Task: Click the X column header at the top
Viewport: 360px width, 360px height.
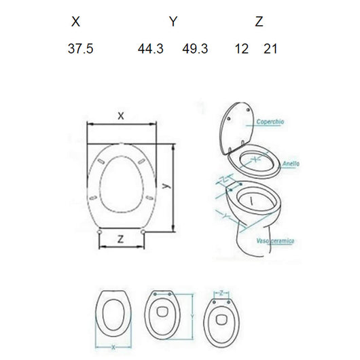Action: point(75,22)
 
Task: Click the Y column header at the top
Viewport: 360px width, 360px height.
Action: point(173,22)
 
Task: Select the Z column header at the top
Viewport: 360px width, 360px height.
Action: point(259,22)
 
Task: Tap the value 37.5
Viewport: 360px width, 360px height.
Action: point(79,49)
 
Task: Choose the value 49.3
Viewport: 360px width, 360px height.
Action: point(194,49)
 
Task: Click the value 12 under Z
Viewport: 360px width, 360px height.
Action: point(241,49)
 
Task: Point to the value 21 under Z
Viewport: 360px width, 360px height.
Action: point(270,49)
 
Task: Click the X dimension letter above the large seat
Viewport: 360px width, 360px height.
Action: point(121,116)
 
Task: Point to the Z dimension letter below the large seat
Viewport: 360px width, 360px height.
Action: point(120,239)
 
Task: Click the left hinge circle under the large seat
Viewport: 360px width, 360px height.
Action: point(100,232)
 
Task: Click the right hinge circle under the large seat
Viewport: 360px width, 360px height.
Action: point(145,232)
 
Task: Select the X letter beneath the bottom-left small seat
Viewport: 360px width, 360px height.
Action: point(112,347)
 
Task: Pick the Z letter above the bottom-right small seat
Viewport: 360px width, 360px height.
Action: point(222,293)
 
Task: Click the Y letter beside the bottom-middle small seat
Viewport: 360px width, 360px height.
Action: point(195,316)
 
